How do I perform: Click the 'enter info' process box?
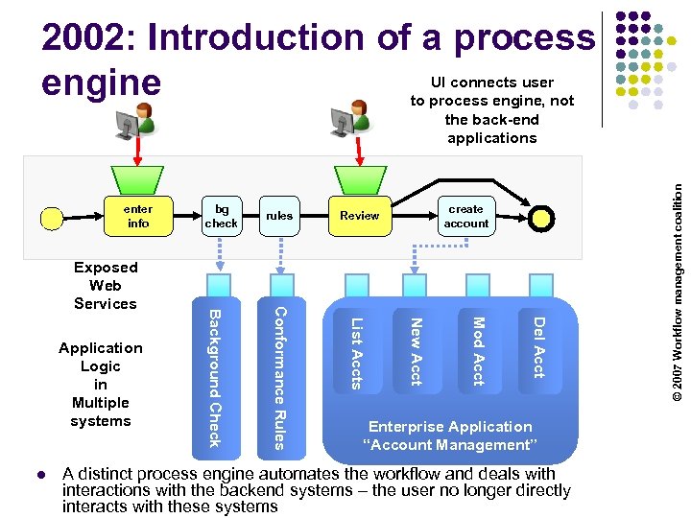click(138, 216)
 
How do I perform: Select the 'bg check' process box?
click(221, 216)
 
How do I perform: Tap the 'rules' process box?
click(279, 216)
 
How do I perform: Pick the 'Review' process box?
click(359, 216)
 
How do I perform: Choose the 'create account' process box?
click(465, 216)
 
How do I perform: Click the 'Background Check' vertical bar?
click(215, 377)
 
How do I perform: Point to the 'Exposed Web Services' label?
click(106, 285)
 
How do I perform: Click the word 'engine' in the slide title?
click(101, 82)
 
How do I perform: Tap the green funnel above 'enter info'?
click(138, 178)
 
